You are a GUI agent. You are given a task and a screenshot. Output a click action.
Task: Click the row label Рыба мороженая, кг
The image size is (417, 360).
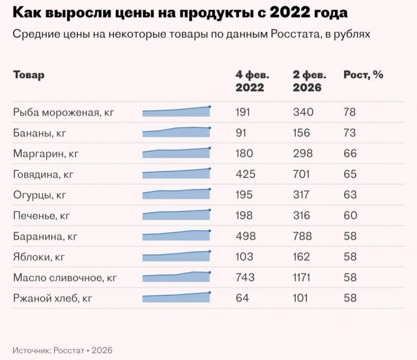pyautogui.click(x=64, y=112)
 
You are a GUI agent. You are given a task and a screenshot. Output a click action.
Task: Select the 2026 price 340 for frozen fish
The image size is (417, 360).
pyautogui.click(x=303, y=112)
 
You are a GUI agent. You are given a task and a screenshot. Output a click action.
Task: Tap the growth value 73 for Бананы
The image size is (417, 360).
pyautogui.click(x=349, y=133)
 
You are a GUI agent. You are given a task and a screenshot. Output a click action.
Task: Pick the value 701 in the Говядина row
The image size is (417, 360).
pyautogui.click(x=303, y=174)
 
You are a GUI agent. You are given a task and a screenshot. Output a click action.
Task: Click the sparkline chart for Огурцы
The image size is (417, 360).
pyautogui.click(x=177, y=193)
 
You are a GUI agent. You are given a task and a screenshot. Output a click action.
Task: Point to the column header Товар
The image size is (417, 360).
pyautogui.click(x=29, y=75)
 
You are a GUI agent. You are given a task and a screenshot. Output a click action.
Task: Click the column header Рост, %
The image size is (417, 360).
pyautogui.click(x=363, y=75)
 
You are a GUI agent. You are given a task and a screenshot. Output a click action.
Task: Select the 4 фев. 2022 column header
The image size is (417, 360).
pyautogui.click(x=250, y=81)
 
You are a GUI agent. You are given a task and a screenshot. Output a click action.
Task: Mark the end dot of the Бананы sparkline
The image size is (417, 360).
pyautogui.click(x=210, y=128)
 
